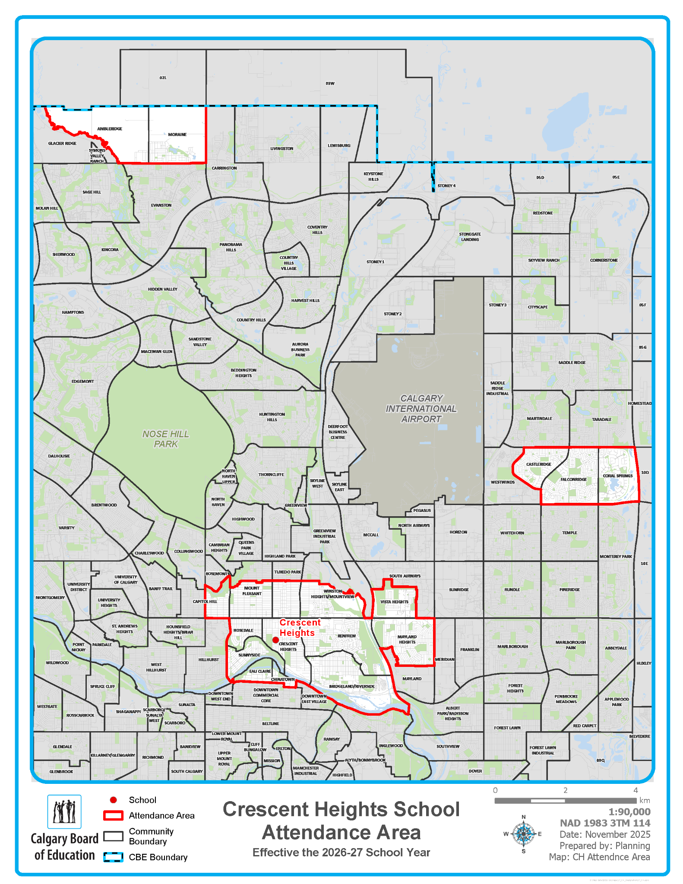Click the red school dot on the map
[275, 640]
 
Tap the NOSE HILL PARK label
[166, 439]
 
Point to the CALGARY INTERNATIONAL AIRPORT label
[421, 408]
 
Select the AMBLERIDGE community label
[110, 129]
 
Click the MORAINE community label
[177, 134]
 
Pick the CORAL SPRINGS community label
[617, 476]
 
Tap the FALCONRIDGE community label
[573, 479]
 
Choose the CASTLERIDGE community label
[538, 464]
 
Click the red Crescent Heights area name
[300, 627]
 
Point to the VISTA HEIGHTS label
[394, 602]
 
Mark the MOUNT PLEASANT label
[252, 590]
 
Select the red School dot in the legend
[114, 800]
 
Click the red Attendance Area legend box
[114, 815]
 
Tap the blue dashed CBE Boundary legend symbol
[114, 857]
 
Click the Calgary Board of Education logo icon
[64, 811]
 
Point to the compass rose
[524, 833]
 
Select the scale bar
[566, 801]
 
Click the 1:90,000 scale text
[629, 811]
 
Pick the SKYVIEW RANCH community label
[544, 260]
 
